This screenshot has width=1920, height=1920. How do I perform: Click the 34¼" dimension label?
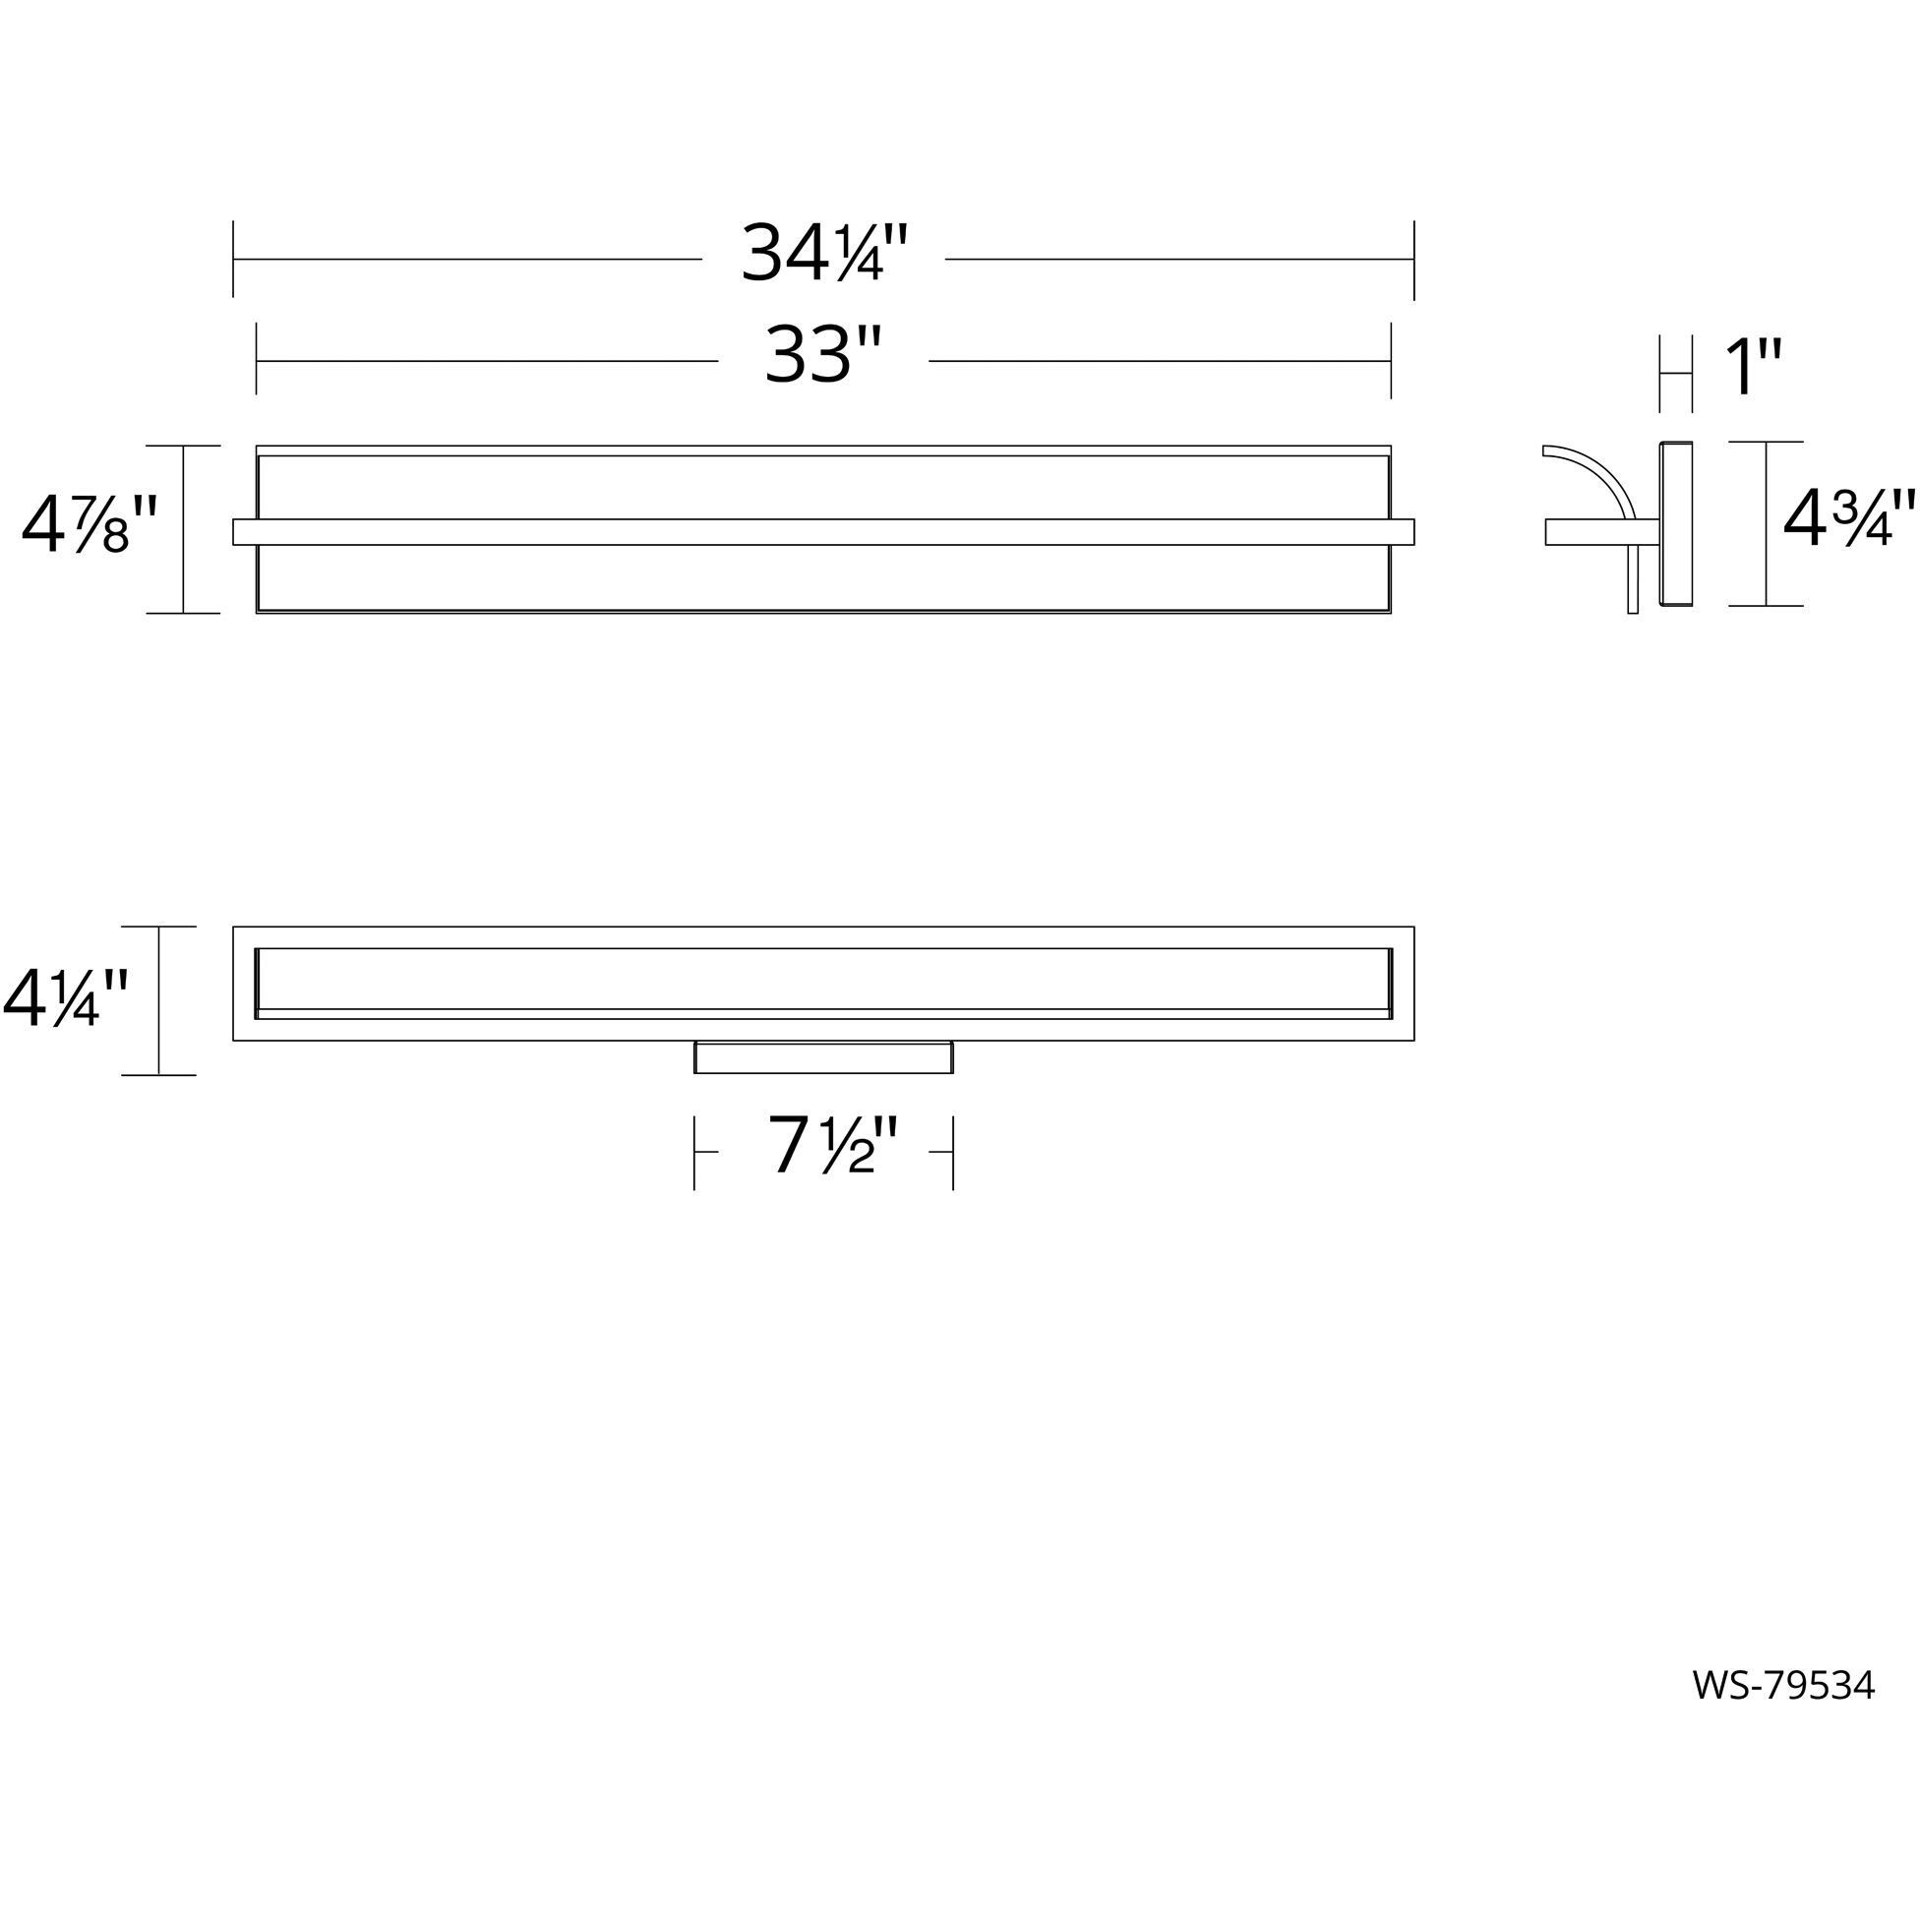824,255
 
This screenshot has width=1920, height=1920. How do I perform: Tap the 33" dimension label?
823,357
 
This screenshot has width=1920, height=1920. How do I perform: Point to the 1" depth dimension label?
1753,369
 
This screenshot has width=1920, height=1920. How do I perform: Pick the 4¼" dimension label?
66,997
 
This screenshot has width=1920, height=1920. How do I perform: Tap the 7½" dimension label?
833,1147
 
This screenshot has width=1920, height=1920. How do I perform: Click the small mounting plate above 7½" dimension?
823,1057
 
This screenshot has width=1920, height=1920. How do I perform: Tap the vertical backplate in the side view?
1675,523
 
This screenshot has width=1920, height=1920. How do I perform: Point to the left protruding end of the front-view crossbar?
245,532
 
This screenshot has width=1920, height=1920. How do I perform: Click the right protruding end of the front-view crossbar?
1403,532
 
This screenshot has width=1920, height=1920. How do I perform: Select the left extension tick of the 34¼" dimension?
233,259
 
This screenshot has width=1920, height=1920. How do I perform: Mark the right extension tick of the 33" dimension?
1390,359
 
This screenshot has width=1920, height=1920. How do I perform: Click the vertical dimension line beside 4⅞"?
184,530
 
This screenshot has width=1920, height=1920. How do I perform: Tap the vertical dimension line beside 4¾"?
1765,523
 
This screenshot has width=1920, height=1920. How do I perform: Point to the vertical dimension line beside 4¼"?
159,1000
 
